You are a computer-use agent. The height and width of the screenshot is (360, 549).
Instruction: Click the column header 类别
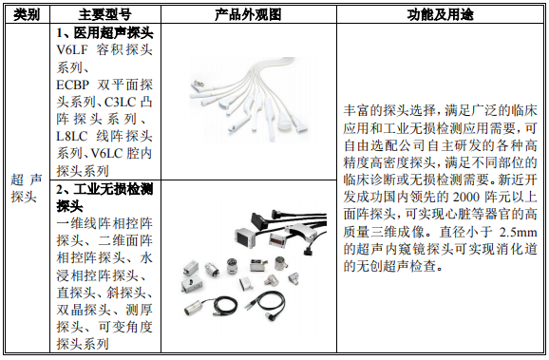click(27, 14)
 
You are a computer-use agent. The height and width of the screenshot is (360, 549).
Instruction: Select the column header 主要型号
click(105, 14)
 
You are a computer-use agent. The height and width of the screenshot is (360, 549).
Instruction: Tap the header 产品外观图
click(248, 14)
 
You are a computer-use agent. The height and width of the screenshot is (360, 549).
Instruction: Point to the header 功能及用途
click(440, 14)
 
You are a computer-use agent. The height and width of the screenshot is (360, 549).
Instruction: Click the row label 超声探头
click(27, 188)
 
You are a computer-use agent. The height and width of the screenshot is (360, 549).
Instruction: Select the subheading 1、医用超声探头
click(104, 33)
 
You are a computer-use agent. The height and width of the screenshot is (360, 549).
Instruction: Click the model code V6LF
click(72, 50)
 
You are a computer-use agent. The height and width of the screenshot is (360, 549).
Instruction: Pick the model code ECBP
click(72, 85)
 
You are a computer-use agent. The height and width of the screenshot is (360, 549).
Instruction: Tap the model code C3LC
click(120, 102)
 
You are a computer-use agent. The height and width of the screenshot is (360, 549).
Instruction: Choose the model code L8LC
click(72, 136)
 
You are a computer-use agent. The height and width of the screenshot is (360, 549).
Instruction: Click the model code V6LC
click(106, 153)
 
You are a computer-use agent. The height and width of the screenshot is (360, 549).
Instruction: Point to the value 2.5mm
click(519, 232)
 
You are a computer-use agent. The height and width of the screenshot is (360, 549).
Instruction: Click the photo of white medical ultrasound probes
click(249, 99)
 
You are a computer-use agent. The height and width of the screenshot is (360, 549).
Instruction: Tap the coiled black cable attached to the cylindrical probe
click(226, 307)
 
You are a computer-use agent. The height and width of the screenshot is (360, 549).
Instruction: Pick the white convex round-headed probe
click(284, 123)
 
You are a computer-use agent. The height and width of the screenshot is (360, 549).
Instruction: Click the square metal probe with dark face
click(244, 237)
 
